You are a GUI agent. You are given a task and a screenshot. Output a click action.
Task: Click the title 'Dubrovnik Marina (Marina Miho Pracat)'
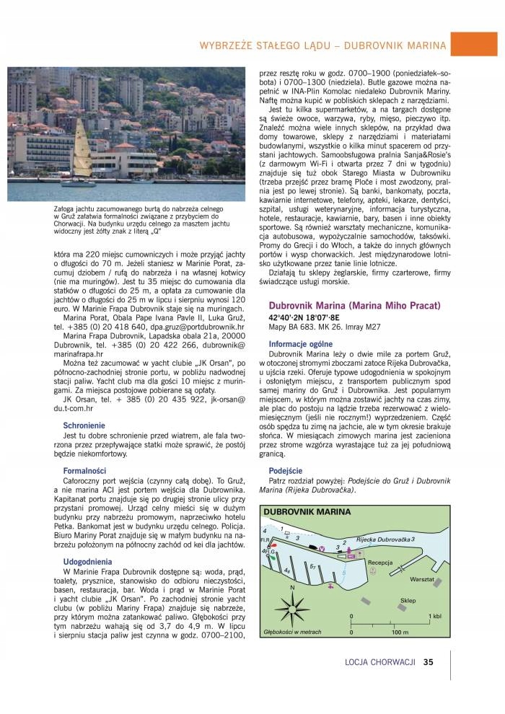[x=354, y=306]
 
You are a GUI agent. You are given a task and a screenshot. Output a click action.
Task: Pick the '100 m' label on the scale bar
[x=400, y=633]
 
